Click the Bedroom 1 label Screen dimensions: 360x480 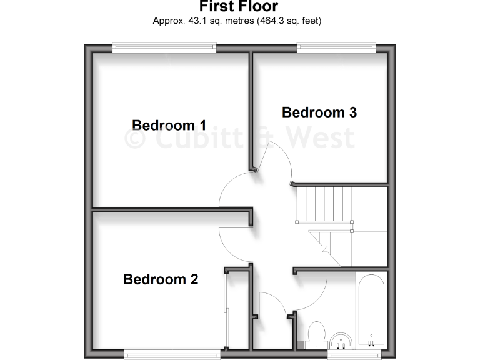click(x=169, y=125)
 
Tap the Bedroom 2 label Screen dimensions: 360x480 click(x=161, y=279)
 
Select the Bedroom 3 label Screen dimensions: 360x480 click(x=319, y=112)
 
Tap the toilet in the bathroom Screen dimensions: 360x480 click(x=315, y=334)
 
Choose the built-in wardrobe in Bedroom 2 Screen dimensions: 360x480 click(x=237, y=309)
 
